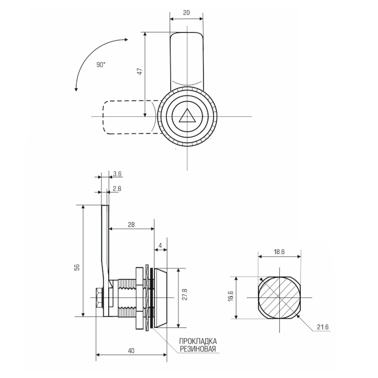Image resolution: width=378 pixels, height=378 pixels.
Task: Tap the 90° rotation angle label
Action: pyautogui.click(x=101, y=65)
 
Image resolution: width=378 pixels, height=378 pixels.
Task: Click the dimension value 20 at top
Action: pyautogui.click(x=186, y=13)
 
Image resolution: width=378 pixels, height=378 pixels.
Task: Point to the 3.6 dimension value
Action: pyautogui.click(x=117, y=174)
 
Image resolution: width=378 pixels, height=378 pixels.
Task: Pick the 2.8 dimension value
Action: pyautogui.click(x=117, y=189)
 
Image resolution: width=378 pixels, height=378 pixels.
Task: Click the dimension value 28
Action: pyautogui.click(x=131, y=225)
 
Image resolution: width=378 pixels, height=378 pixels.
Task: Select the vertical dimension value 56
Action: pyautogui.click(x=78, y=267)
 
